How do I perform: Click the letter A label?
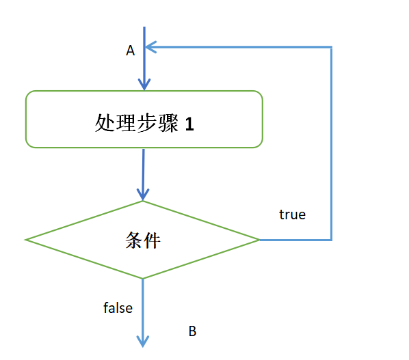tap(131, 51)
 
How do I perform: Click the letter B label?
tap(192, 331)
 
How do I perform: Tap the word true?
tap(292, 214)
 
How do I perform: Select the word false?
tap(118, 308)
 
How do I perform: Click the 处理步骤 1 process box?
tap(144, 120)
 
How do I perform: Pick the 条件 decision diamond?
tap(143, 240)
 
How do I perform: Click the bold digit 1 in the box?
tap(189, 125)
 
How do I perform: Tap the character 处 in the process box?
tap(104, 124)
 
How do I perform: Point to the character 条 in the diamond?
tap(133, 240)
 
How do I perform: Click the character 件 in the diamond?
tap(153, 240)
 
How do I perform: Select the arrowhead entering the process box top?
tap(144, 84)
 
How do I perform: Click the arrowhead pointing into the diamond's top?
tap(143, 194)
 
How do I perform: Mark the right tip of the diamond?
tap(259, 240)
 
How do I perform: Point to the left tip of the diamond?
tap(26, 240)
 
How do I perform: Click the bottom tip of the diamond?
tap(143, 278)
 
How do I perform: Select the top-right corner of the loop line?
tap(332, 47)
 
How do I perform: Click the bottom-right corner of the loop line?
tap(332, 240)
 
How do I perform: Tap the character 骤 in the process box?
tap(168, 124)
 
